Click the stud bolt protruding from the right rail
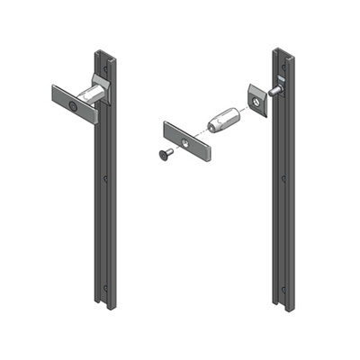(x=280, y=88)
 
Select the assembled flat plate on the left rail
(x=74, y=104)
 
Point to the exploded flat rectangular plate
(x=189, y=140)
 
